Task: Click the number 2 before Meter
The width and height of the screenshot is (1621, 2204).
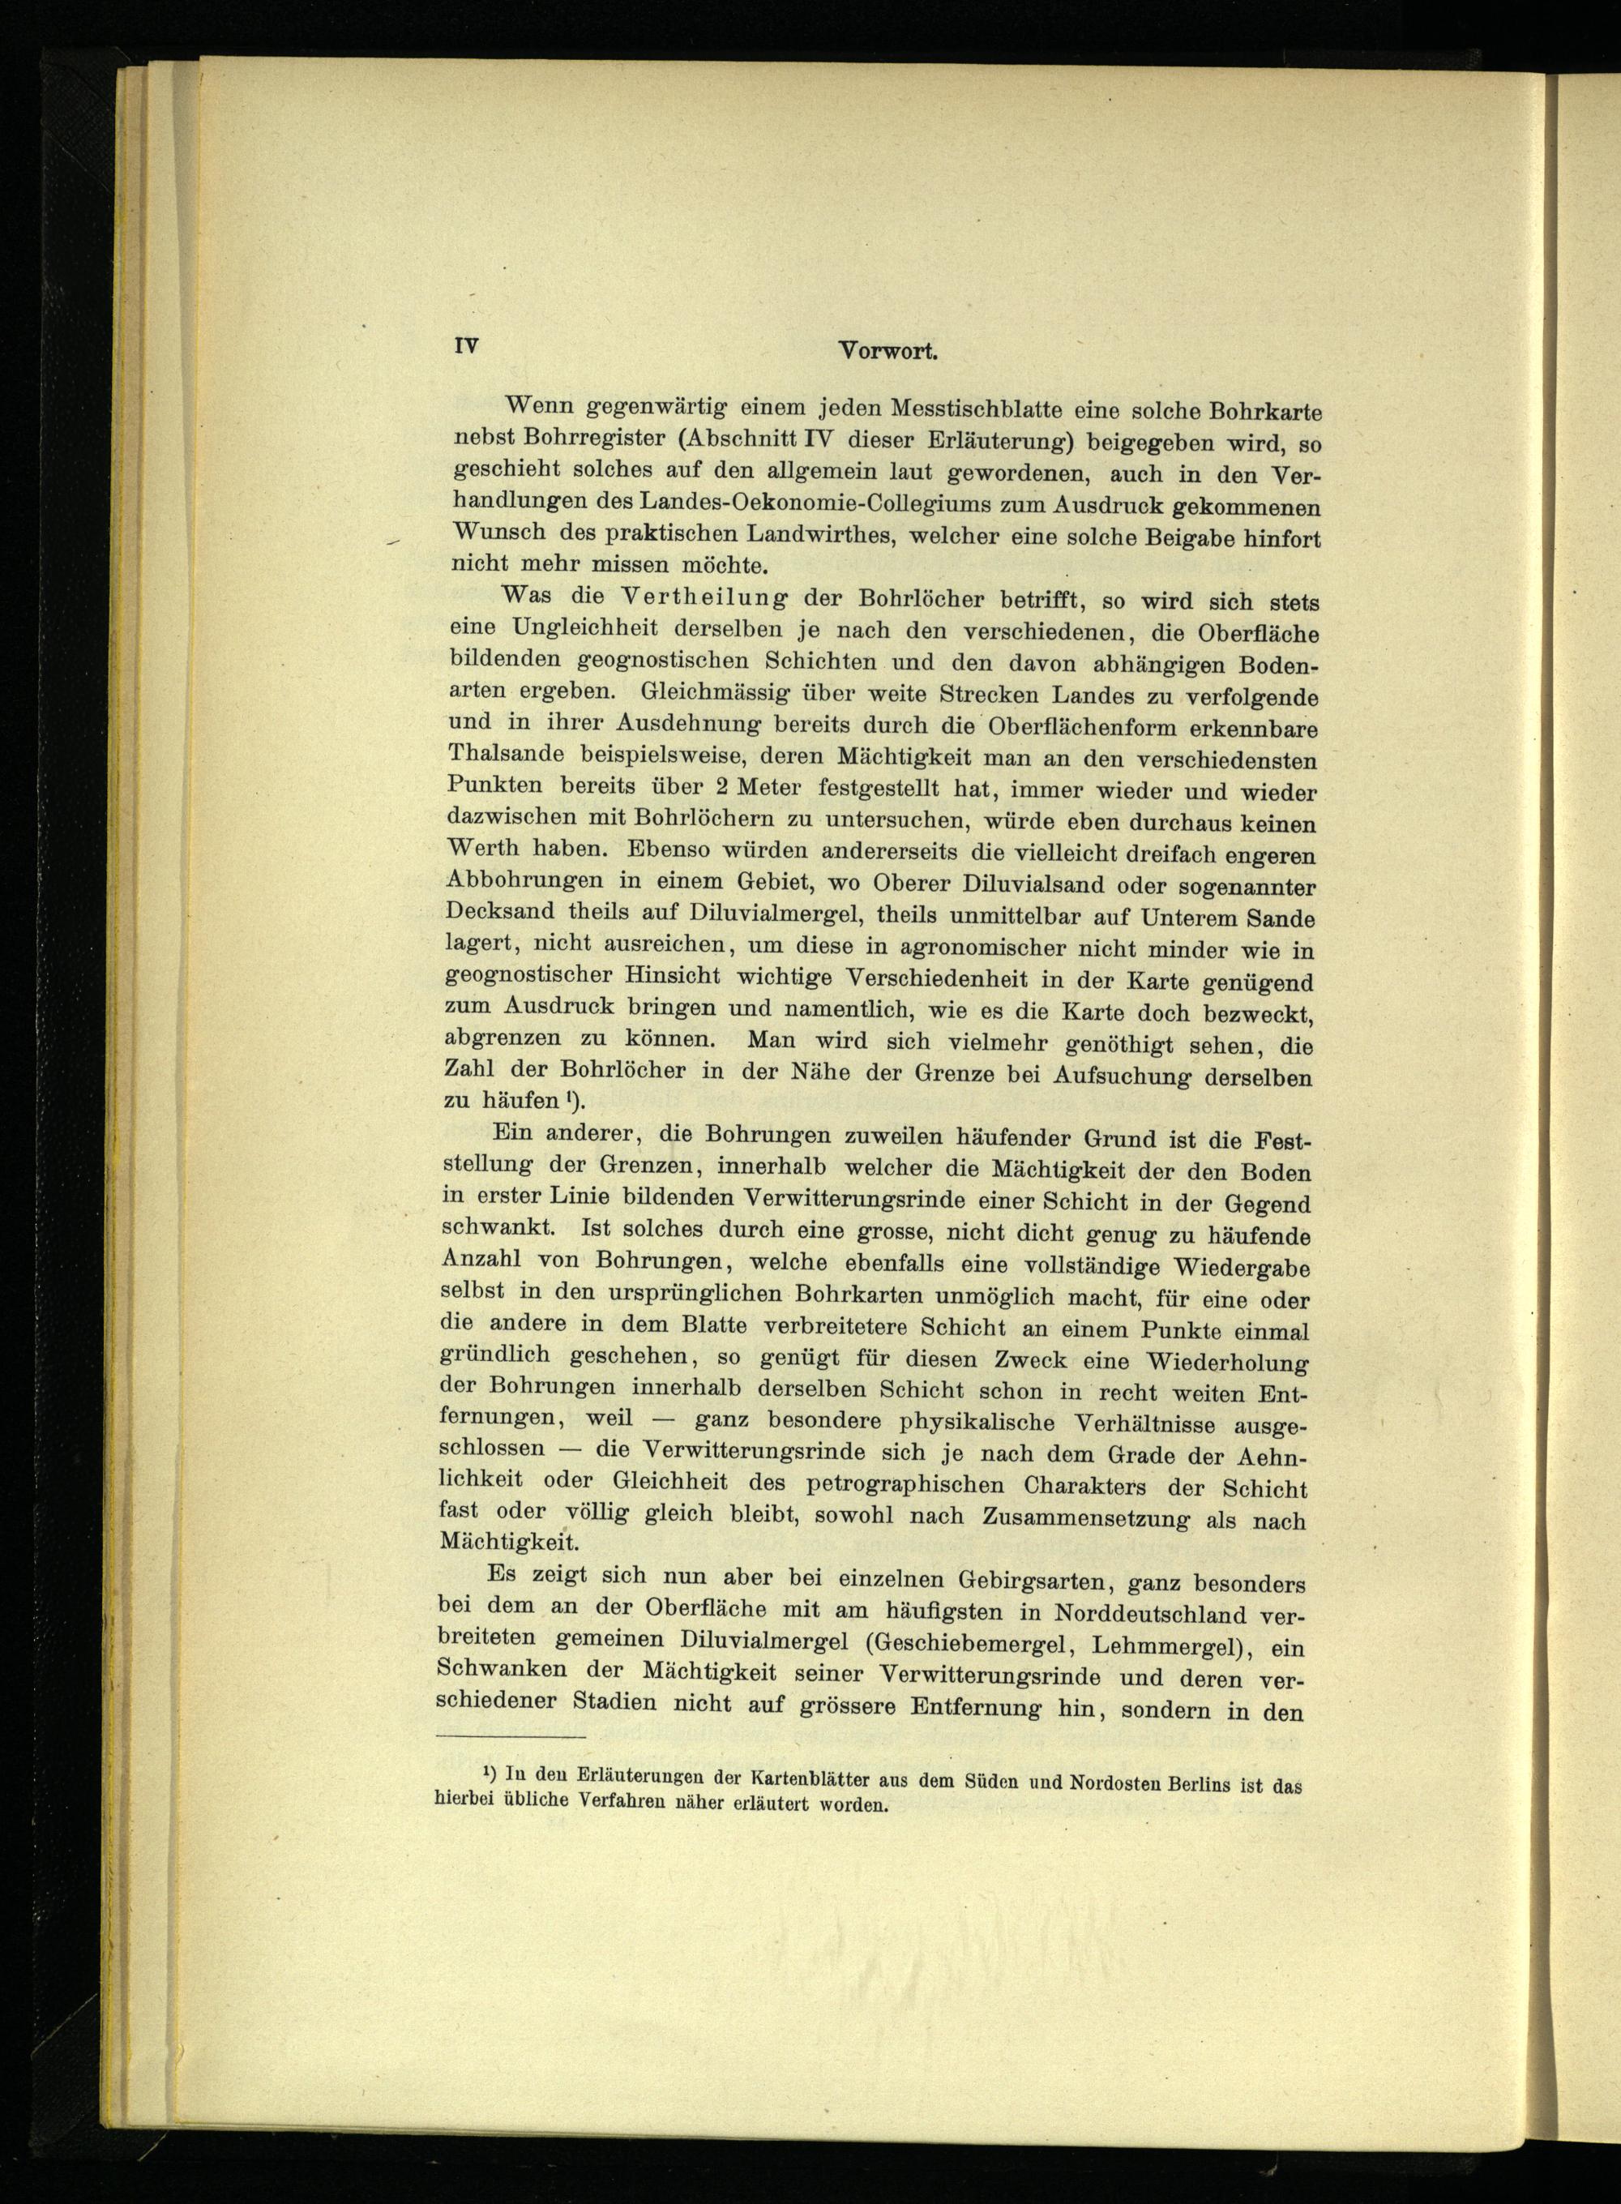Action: tap(721, 787)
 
